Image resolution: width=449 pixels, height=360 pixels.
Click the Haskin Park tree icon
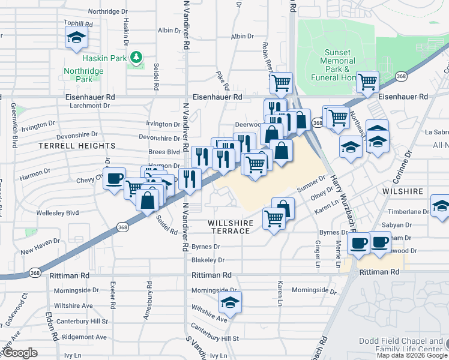click(x=137, y=57)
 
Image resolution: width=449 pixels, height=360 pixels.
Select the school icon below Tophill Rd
click(x=76, y=38)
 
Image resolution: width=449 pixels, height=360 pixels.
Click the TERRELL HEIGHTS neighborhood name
click(x=77, y=146)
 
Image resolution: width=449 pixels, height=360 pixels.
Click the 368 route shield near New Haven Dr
click(x=123, y=227)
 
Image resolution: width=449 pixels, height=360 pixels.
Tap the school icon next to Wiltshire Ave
click(x=229, y=304)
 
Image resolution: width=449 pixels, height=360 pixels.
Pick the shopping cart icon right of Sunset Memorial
click(x=367, y=81)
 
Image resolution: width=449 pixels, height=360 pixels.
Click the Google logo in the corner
click(x=20, y=353)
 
